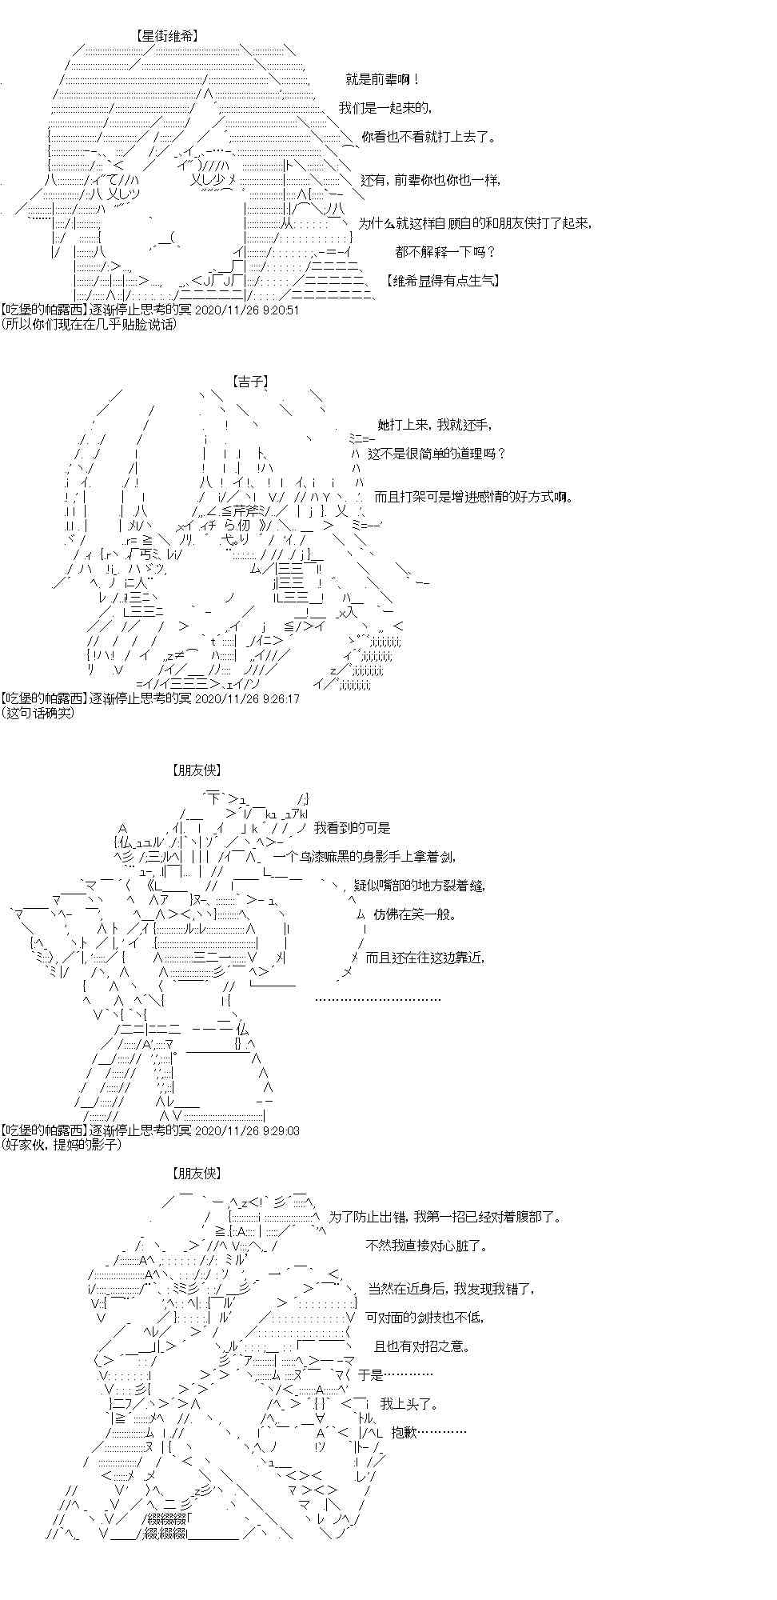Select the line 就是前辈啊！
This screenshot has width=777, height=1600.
point(382,79)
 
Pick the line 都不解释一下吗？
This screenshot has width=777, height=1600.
point(445,252)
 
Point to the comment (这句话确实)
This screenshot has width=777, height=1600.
point(38,712)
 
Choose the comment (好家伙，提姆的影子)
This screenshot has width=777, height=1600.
point(62,1144)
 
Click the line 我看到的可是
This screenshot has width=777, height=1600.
point(353,828)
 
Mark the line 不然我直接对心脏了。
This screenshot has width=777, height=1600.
point(426,1246)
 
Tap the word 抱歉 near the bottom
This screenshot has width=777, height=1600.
point(431,1432)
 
